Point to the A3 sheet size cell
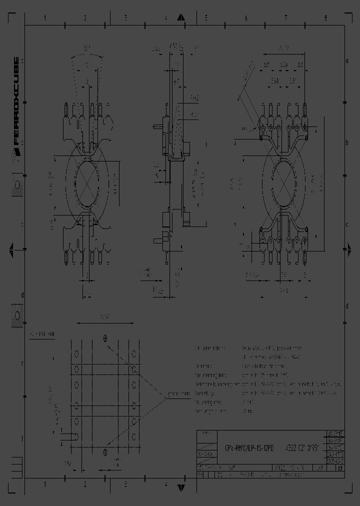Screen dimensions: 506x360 tap(340, 468)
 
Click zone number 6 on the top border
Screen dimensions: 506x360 tap(245, 18)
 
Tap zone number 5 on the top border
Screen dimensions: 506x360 tap(205, 18)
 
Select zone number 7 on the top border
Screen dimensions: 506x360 tap(285, 18)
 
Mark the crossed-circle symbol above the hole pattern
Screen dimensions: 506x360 tap(105, 338)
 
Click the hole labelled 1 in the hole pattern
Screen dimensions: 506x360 tap(76, 436)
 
